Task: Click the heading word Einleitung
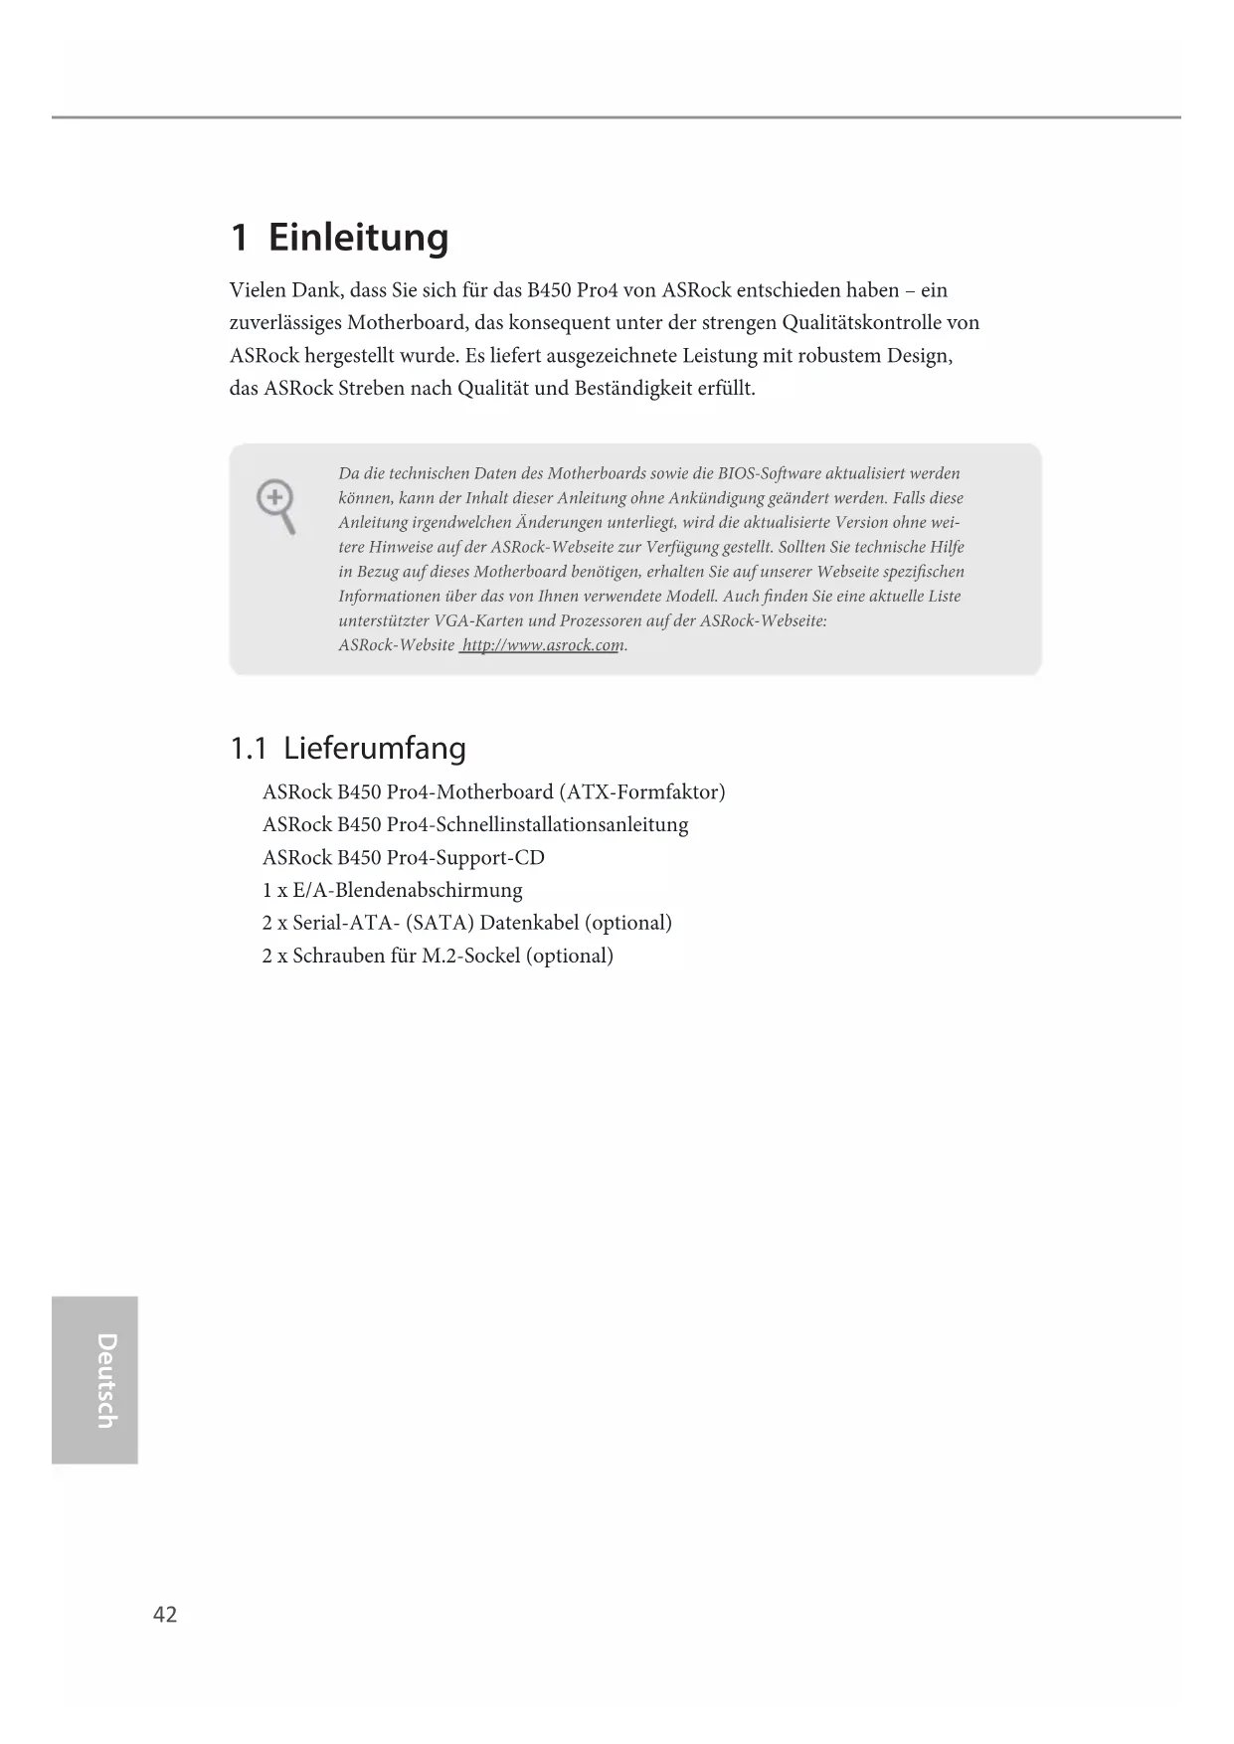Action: [358, 238]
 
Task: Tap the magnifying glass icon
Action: [276, 505]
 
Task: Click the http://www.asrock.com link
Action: [541, 645]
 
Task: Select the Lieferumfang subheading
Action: [374, 748]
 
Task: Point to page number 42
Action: [165, 1615]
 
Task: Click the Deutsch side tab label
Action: [105, 1380]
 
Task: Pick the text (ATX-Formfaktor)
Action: [641, 791]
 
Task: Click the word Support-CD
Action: [490, 857]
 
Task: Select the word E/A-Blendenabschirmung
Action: [407, 890]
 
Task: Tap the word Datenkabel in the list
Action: [529, 923]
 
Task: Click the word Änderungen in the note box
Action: [556, 522]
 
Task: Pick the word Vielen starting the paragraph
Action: [257, 290]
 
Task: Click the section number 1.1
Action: [249, 748]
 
